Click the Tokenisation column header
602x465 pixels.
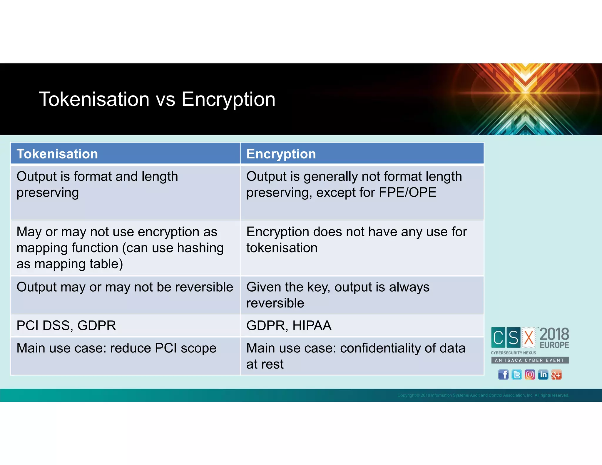(x=57, y=154)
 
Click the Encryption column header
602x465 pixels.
(x=281, y=154)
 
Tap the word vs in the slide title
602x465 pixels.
(x=165, y=99)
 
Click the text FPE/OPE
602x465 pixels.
(x=407, y=193)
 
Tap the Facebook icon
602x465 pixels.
(x=503, y=375)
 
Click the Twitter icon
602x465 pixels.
(x=516, y=375)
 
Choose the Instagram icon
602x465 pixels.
(x=530, y=375)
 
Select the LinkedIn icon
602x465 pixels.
(x=543, y=375)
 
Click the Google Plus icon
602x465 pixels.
(x=556, y=375)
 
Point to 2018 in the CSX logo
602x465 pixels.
(x=554, y=334)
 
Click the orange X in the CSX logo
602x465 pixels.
(x=529, y=337)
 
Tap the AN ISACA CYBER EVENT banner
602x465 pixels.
(x=530, y=360)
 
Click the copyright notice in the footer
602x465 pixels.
(x=483, y=395)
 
